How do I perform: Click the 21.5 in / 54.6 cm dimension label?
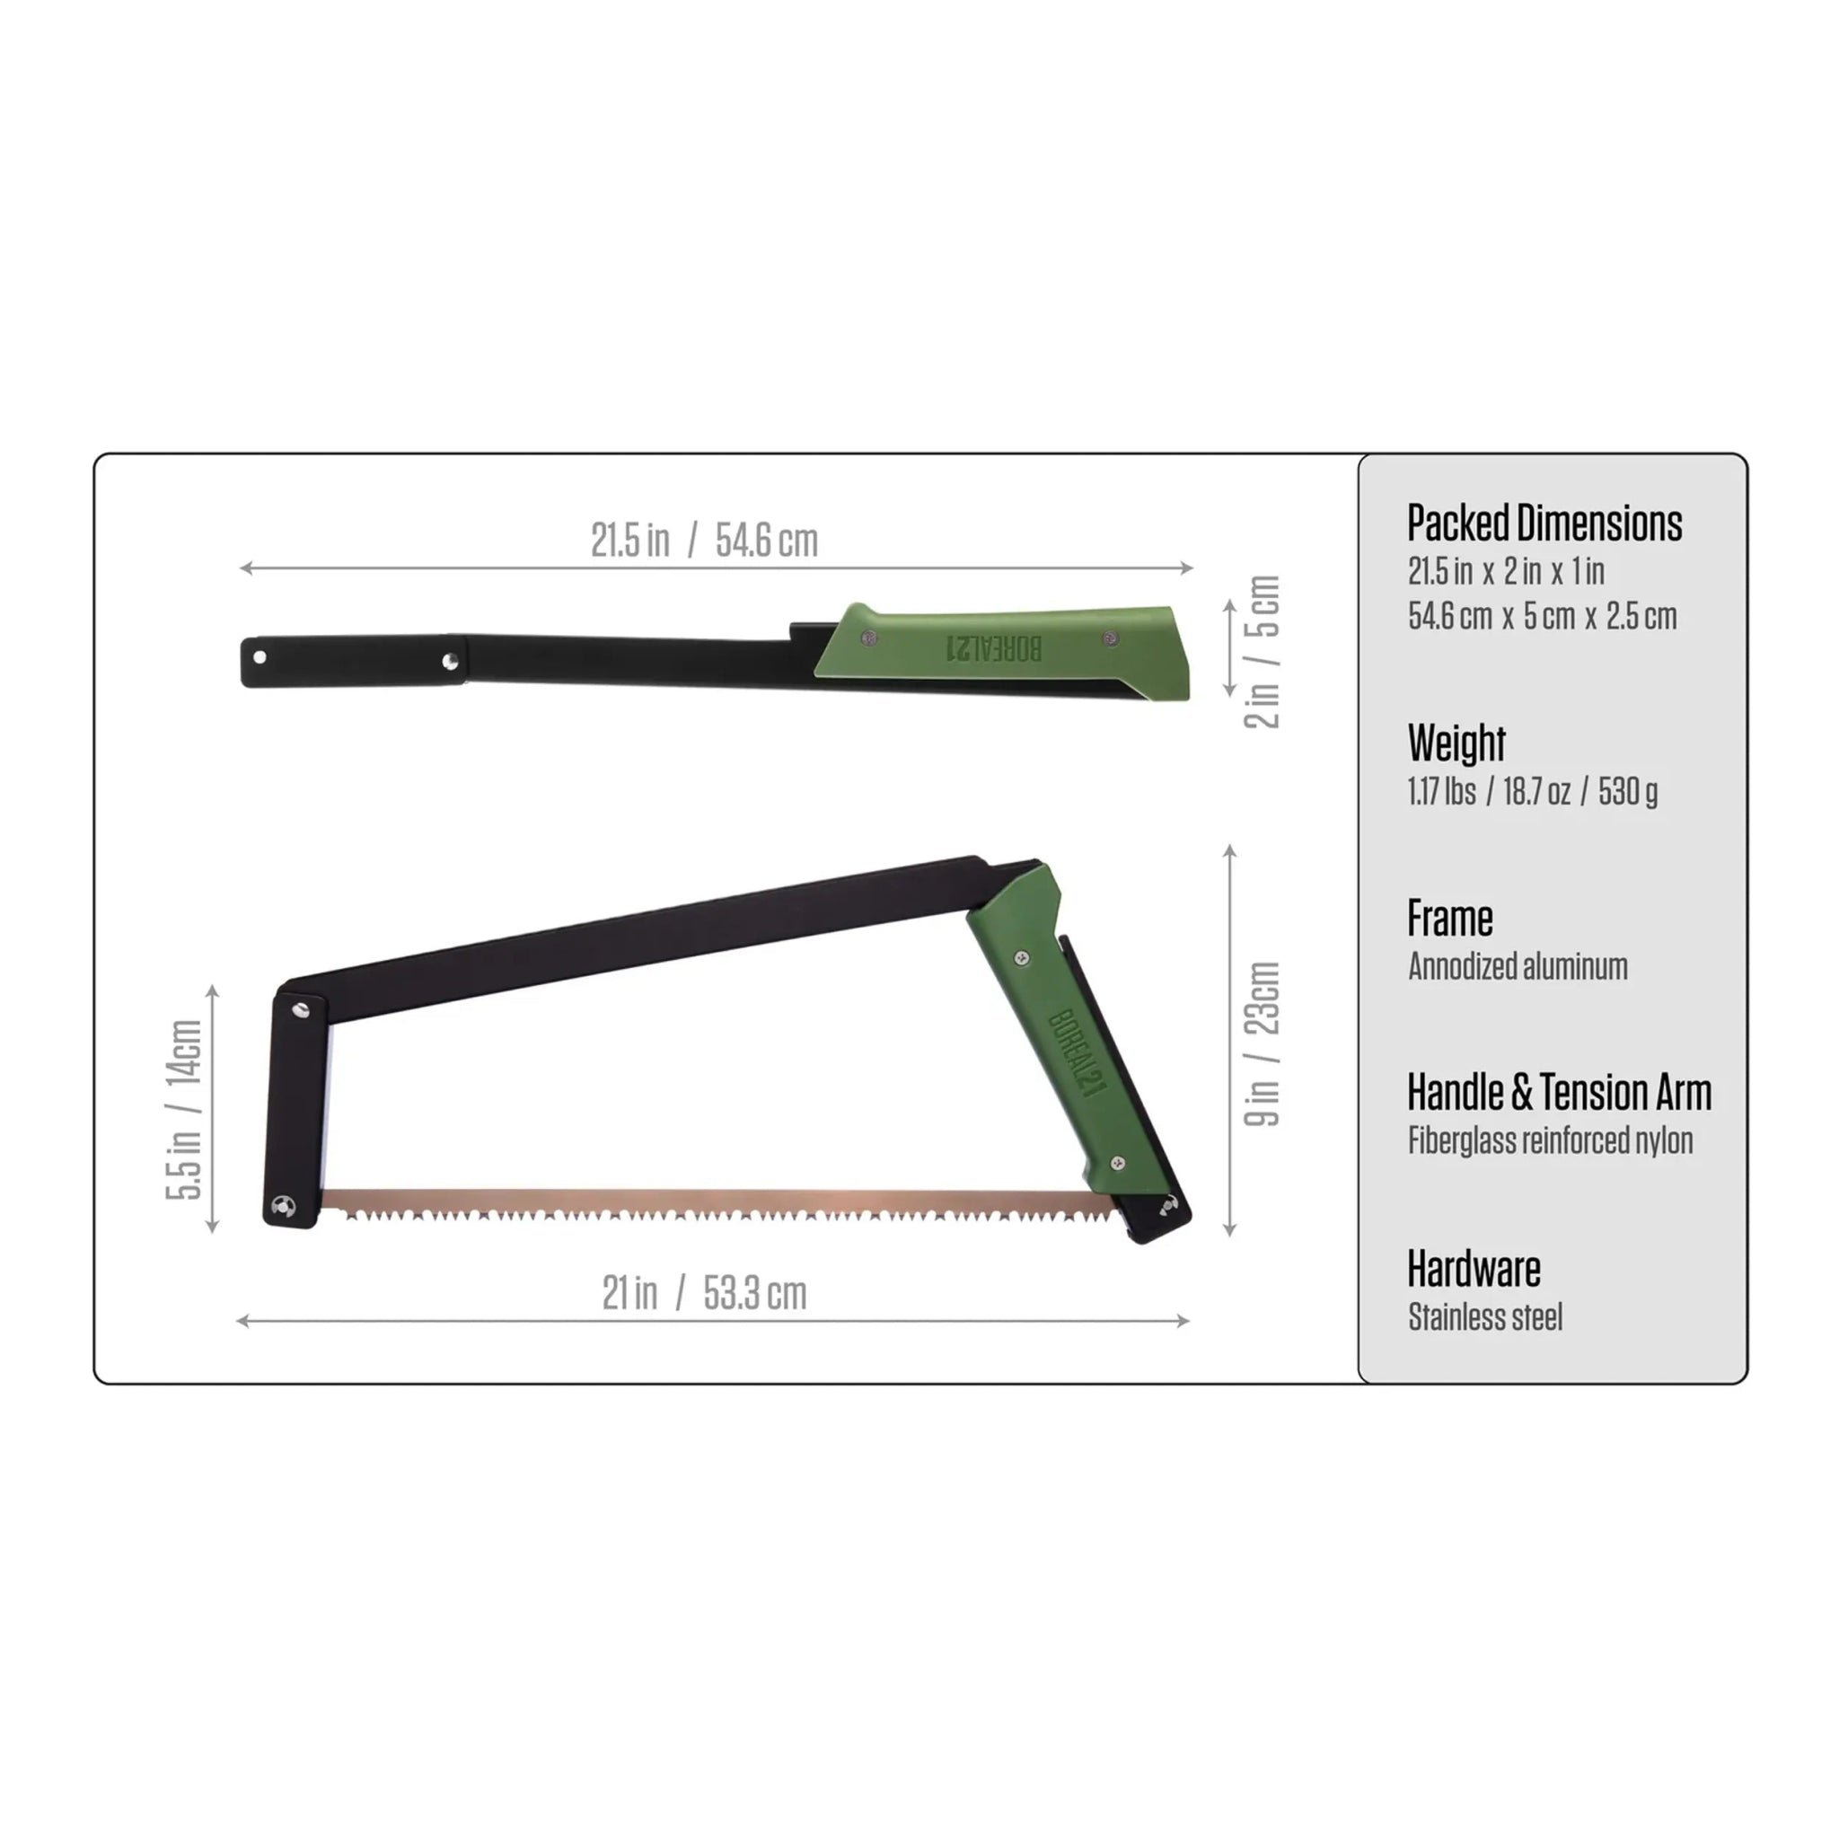pyautogui.click(x=703, y=541)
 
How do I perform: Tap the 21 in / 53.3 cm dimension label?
pyautogui.click(x=703, y=1293)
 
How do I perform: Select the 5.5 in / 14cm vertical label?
pyautogui.click(x=184, y=1109)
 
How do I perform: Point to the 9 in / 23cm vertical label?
pyautogui.click(x=1263, y=1043)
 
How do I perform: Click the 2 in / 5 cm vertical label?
pyautogui.click(x=1263, y=652)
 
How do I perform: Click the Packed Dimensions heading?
pyautogui.click(x=1544, y=524)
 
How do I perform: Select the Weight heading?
pyautogui.click(x=1456, y=743)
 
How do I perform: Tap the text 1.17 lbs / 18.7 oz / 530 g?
pyautogui.click(x=1533, y=791)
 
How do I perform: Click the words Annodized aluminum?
pyautogui.click(x=1518, y=966)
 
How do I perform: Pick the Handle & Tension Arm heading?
pyautogui.click(x=1558, y=1092)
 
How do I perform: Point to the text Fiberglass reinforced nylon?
pyautogui.click(x=1550, y=1140)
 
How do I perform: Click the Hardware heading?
pyautogui.click(x=1474, y=1269)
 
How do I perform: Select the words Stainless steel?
pyautogui.click(x=1485, y=1317)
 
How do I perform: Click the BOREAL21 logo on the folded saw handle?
pyautogui.click(x=994, y=648)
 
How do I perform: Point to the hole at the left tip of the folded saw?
pyautogui.click(x=260, y=656)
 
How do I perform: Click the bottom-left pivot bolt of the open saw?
pyautogui.click(x=283, y=1207)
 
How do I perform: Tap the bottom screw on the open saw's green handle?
pyautogui.click(x=1119, y=1162)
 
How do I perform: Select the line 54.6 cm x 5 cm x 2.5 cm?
pyautogui.click(x=1542, y=616)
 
